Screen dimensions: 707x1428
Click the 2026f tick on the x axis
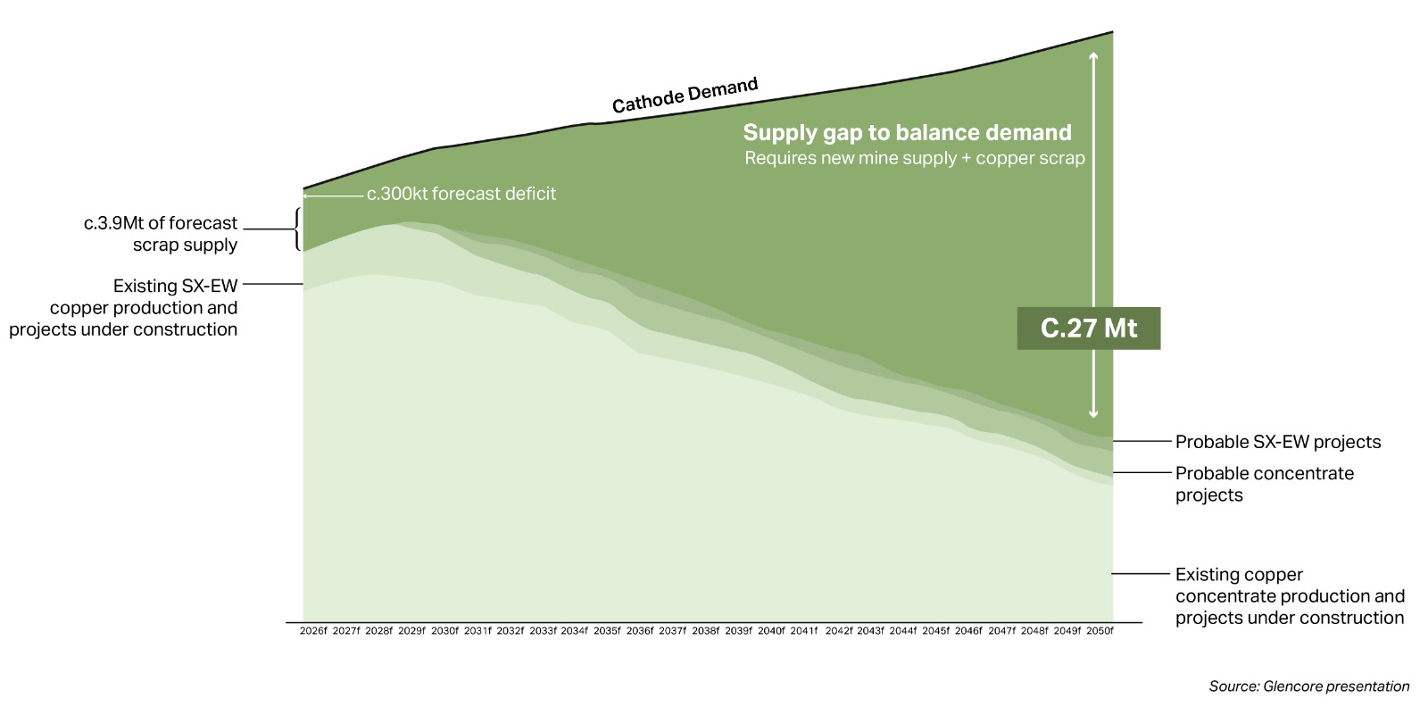click(313, 631)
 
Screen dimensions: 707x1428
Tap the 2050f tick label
click(1100, 631)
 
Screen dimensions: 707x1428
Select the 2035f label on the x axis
click(607, 631)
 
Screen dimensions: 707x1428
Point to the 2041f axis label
click(803, 631)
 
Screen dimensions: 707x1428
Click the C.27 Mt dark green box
click(1088, 329)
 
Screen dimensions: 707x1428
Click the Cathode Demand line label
click(685, 96)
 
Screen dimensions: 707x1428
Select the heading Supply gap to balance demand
click(907, 133)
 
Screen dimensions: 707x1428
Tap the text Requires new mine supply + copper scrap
click(915, 159)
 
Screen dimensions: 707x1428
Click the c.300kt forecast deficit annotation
click(461, 194)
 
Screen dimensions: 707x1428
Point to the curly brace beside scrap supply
click(297, 229)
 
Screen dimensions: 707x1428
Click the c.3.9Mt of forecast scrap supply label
click(161, 234)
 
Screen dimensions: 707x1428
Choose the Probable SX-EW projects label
click(1277, 442)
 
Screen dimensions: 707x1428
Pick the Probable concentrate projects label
click(1264, 484)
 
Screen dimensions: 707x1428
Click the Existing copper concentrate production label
click(1289, 596)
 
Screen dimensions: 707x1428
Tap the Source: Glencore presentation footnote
click(1308, 686)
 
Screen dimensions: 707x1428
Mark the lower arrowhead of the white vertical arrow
click(1093, 415)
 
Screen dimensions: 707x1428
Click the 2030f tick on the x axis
click(444, 631)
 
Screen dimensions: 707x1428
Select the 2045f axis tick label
click(935, 631)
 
